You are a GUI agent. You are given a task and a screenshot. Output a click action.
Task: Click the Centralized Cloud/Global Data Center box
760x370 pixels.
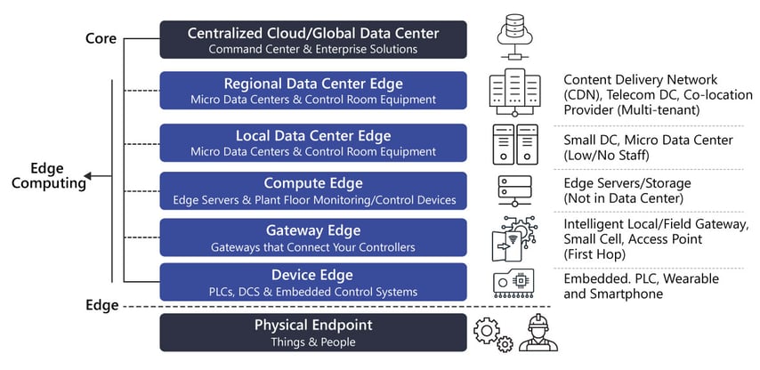pos(312,40)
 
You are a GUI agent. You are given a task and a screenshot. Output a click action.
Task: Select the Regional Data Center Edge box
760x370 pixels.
pos(312,91)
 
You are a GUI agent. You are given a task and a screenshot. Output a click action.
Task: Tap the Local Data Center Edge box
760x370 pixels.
pos(312,142)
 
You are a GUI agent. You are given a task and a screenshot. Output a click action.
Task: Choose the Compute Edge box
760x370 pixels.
pos(312,190)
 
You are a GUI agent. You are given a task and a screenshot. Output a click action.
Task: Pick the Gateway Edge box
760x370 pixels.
pos(312,237)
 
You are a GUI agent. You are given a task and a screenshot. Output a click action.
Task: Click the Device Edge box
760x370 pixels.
pos(312,282)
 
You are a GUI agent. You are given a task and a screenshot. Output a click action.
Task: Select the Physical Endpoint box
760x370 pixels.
pos(312,332)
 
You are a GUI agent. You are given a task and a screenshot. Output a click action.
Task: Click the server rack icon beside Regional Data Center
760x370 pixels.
pos(515,92)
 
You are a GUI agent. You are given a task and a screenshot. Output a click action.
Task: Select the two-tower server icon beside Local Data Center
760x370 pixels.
pos(515,142)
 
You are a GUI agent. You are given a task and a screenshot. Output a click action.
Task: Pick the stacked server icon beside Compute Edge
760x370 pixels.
pos(514,190)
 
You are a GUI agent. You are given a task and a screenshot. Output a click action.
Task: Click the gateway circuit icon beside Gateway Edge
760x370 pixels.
pos(514,237)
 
